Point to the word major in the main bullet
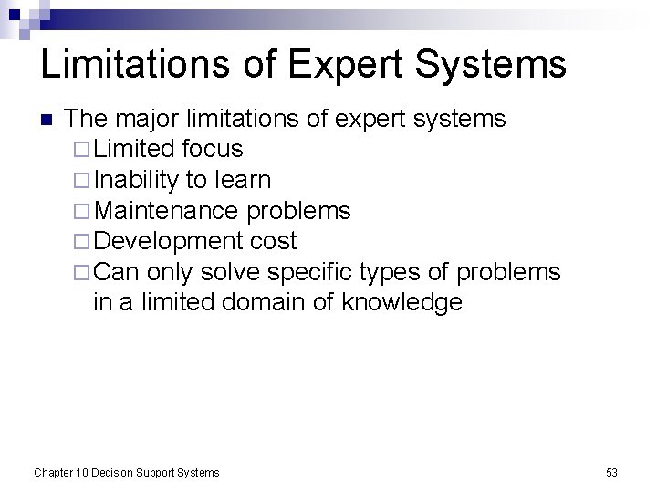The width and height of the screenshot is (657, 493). (146, 120)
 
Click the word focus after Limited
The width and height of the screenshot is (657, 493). (213, 148)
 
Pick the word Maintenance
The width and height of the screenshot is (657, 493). (167, 210)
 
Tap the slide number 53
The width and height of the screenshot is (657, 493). (611, 472)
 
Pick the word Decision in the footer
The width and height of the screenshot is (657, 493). (115, 472)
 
